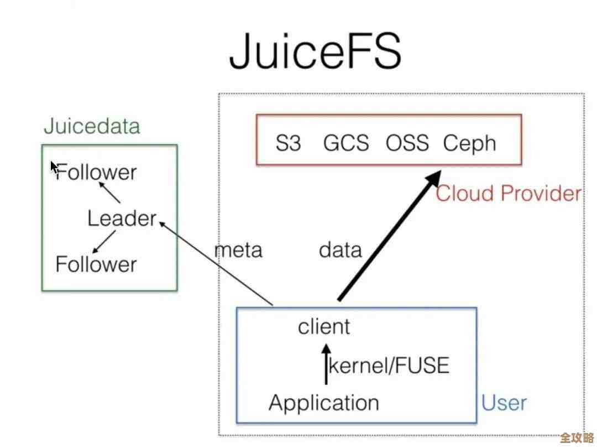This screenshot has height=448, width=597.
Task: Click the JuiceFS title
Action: click(315, 51)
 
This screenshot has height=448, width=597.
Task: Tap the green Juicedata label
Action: click(92, 126)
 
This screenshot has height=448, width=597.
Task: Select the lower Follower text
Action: click(96, 264)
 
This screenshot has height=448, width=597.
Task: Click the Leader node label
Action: click(122, 218)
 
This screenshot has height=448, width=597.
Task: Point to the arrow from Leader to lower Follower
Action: click(103, 242)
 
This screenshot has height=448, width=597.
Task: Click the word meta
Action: click(238, 250)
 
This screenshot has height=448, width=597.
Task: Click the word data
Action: click(340, 250)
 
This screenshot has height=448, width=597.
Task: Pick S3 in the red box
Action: click(288, 143)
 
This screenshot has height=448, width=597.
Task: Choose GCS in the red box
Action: click(345, 143)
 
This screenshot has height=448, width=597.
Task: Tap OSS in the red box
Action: click(407, 143)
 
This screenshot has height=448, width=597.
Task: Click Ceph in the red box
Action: click(469, 144)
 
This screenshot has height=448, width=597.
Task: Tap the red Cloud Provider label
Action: click(509, 194)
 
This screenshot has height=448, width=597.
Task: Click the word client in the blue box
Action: click(324, 326)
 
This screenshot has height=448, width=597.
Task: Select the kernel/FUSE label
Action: click(389, 366)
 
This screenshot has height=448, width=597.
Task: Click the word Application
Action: click(324, 403)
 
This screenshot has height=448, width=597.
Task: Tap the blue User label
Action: click(504, 403)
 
